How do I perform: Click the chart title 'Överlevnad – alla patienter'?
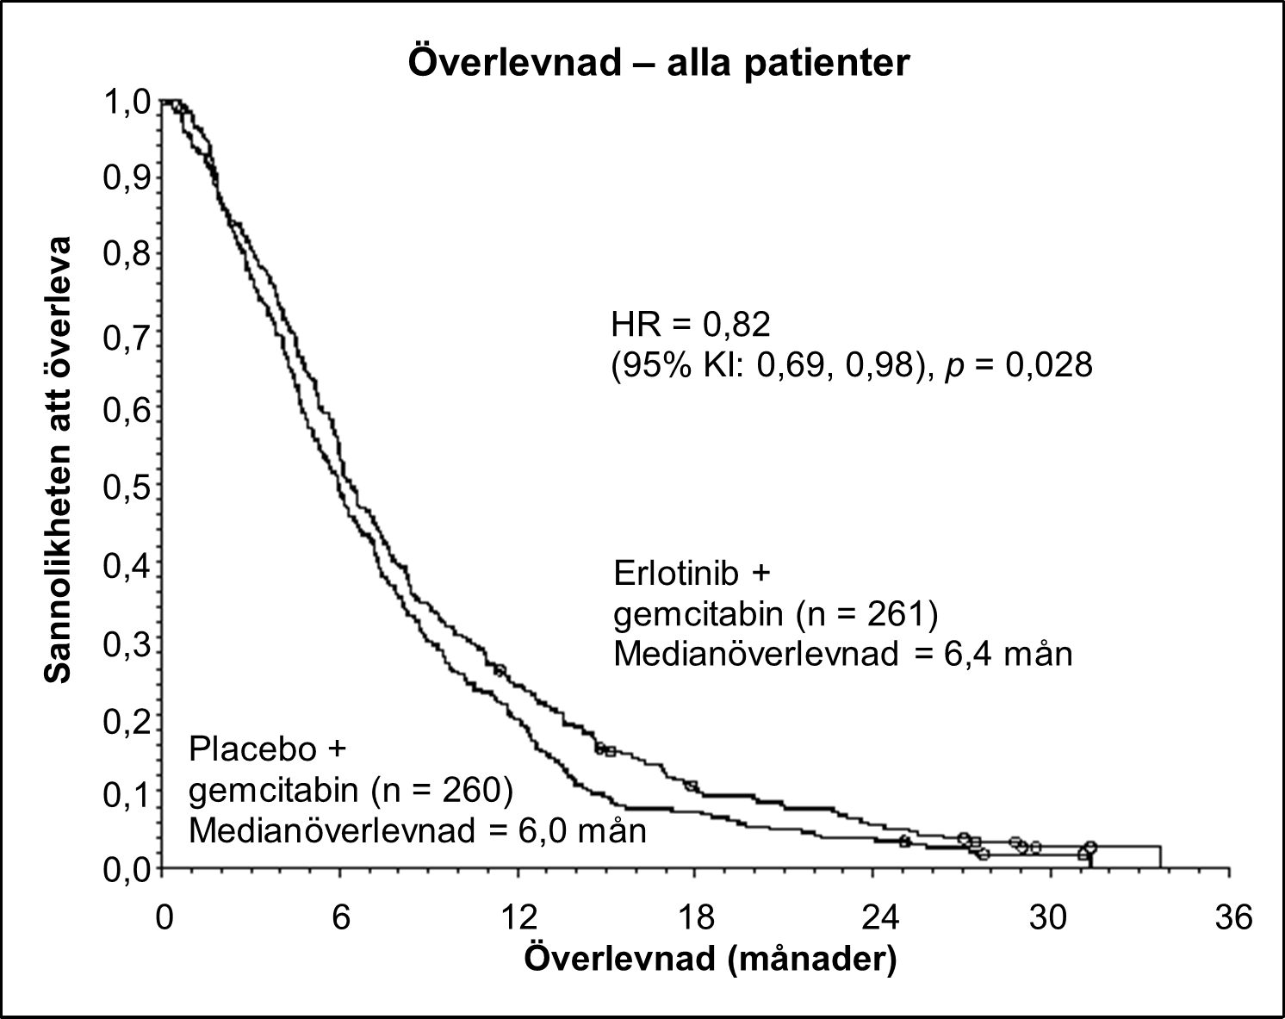point(659,62)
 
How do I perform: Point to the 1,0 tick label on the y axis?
point(127,103)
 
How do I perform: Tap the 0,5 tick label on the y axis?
point(127,488)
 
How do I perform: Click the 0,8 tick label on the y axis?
point(127,254)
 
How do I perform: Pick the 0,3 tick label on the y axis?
point(127,645)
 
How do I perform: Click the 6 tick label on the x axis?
point(341,916)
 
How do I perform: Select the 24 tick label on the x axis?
point(880,916)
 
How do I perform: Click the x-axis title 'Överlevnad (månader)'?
point(711,960)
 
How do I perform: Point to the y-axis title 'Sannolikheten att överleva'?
point(58,460)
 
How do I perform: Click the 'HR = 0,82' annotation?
point(691,325)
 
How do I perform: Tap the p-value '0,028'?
point(1049,365)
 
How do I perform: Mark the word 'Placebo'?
point(252,749)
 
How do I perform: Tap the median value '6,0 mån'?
point(582,831)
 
